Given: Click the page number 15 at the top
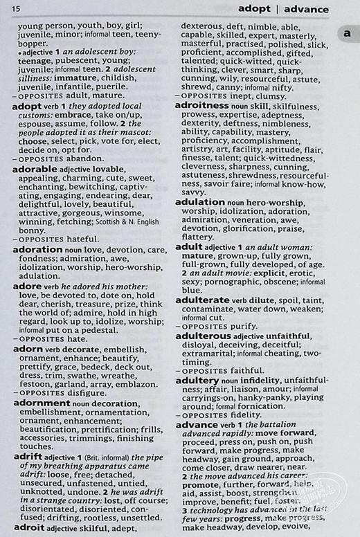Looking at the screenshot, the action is [15, 8].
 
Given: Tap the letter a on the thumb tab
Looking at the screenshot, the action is [348, 33].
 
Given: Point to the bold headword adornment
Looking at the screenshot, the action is [42, 402].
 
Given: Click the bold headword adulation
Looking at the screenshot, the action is [200, 201].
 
